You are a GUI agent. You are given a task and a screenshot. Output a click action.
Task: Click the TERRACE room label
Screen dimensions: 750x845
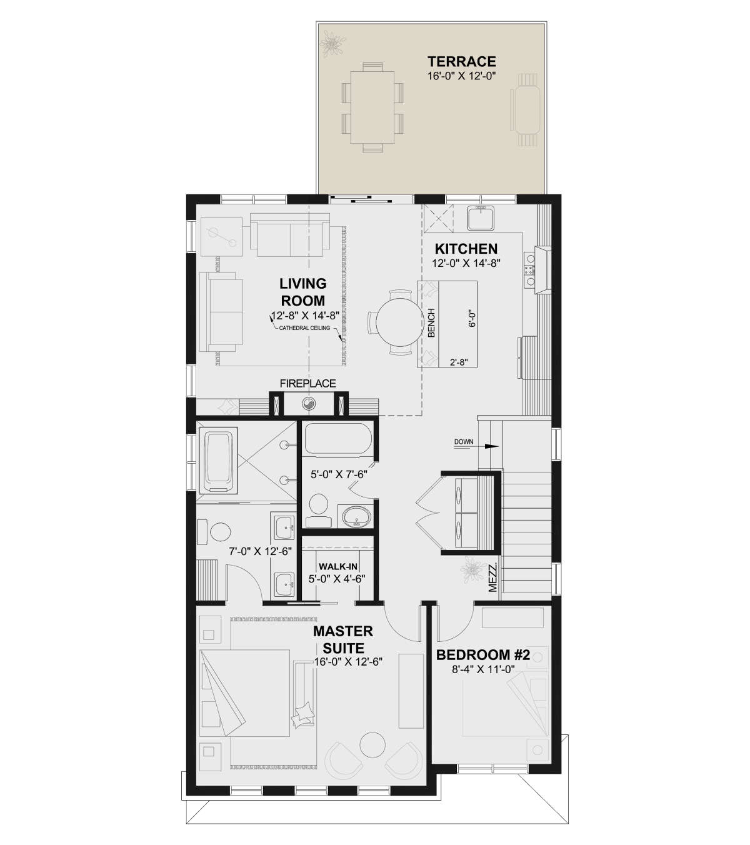point(462,61)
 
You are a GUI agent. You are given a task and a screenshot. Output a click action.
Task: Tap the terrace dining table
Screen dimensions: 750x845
point(372,107)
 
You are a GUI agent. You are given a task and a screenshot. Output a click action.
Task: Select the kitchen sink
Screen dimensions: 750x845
point(481,217)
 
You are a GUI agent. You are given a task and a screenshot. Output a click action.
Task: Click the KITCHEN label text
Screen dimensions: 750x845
point(466,249)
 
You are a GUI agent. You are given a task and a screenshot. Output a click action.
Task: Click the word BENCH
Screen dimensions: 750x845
point(431,322)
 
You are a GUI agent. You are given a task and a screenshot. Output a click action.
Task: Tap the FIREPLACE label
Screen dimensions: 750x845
point(308,383)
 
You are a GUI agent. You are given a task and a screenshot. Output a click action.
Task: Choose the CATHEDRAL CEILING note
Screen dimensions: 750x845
point(304,328)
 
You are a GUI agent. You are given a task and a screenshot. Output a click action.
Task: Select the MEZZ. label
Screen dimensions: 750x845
point(492,578)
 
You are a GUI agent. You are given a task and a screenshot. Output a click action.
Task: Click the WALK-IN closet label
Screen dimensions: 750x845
point(338,566)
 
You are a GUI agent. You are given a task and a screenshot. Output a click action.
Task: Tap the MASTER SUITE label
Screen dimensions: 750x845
point(343,639)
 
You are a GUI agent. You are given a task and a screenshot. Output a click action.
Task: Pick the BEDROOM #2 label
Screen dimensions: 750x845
point(483,655)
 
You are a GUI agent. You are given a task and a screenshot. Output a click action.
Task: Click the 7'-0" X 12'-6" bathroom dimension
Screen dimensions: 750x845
point(260,551)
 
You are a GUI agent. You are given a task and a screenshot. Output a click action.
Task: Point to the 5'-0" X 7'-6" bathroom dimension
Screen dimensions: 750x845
point(339,474)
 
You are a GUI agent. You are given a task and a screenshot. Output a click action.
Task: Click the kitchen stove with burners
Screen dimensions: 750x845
point(530,270)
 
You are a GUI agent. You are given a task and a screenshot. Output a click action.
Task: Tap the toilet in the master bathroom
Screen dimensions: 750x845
point(214,532)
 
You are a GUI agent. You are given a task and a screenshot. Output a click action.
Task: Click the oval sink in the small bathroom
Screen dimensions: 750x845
point(356,517)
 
